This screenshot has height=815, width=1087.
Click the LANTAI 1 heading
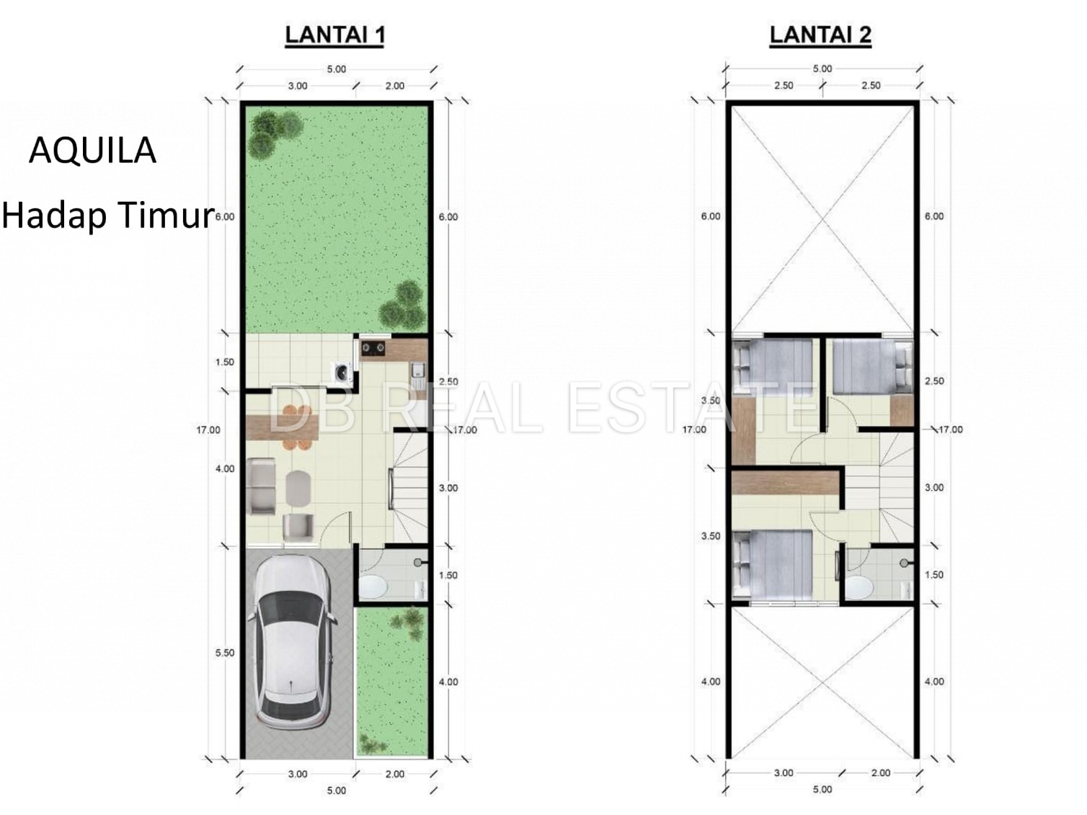pos(334,35)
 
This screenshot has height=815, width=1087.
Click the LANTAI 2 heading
pos(820,35)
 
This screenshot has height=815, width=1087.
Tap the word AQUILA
pos(92,151)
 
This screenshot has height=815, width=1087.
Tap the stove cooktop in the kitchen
pos(373,348)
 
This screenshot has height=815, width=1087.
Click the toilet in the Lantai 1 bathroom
pos(374,587)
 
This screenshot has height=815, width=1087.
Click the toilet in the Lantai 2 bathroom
pos(859,587)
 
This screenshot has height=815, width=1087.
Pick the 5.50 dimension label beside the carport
pos(224,653)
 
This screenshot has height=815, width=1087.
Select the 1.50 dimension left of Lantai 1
pos(224,362)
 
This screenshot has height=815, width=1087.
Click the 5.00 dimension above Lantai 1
pos(336,69)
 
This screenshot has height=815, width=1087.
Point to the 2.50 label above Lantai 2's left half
pos(784,86)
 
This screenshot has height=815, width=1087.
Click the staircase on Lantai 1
pos(410,487)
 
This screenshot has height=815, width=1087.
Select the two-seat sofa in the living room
pos(261,486)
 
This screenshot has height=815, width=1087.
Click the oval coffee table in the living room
pos(298,488)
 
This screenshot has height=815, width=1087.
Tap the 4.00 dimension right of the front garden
pos(448,682)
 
